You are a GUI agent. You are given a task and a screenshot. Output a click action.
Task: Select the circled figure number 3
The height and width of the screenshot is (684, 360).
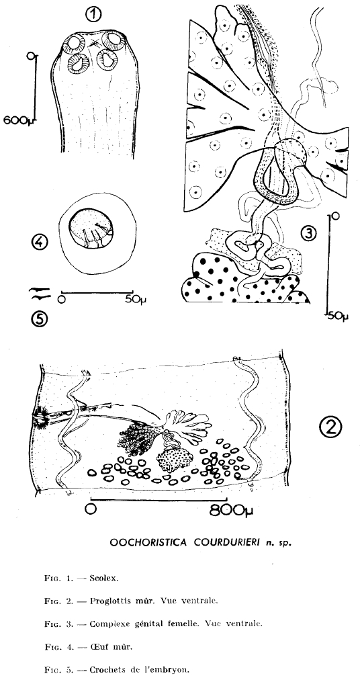click(308, 233)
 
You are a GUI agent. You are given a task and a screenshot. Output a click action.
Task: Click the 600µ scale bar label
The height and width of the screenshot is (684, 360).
click(19, 120)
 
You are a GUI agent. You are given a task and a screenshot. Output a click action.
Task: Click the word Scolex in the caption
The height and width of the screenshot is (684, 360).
click(103, 579)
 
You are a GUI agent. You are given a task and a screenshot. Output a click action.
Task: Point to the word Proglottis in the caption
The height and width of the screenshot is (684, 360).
click(106, 601)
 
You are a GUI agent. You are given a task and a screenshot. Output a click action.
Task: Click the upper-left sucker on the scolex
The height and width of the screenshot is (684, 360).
click(75, 43)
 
